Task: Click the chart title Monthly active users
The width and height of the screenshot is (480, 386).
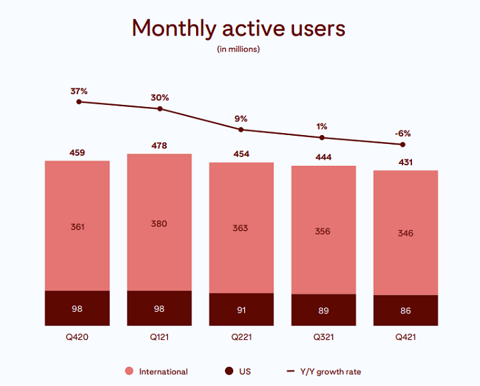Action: pos(238,28)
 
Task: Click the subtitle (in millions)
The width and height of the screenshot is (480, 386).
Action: pos(238,49)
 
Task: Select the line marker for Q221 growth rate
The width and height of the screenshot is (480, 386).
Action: pos(241,130)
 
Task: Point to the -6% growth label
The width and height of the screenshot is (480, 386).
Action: pos(402,133)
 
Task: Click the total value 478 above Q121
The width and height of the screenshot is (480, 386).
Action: pos(159,146)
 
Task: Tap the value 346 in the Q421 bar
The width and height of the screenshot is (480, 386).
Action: pos(405,234)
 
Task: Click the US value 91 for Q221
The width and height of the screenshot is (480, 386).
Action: pos(241,309)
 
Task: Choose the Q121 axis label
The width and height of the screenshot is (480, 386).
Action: pos(159,337)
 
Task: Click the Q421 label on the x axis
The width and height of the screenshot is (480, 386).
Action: pos(405,337)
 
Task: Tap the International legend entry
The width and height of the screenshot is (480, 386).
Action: pos(163,372)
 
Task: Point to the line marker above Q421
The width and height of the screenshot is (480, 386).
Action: pos(403,145)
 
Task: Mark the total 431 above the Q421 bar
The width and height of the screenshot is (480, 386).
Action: pos(405,162)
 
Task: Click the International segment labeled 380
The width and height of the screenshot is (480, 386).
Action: pos(159,224)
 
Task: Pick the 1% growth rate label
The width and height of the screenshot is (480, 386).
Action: pos(322,126)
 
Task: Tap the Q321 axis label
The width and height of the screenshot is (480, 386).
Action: pos(323,337)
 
